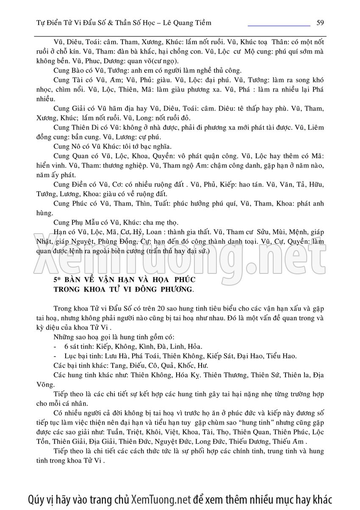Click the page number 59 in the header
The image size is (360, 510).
tap(320, 22)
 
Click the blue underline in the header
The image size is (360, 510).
tap(279, 26)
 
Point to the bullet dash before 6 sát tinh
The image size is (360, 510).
tap(55, 346)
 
